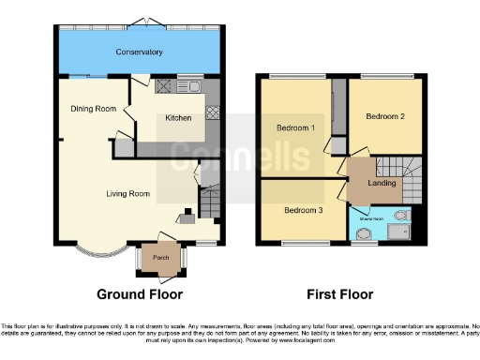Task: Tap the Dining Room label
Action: click(93, 109)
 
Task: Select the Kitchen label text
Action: click(179, 118)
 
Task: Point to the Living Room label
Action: click(127, 195)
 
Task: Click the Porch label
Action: click(160, 257)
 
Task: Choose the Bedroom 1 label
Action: click(295, 127)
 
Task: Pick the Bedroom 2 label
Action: click(385, 117)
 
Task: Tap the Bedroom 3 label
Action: click(304, 211)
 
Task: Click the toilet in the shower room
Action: click(400, 216)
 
